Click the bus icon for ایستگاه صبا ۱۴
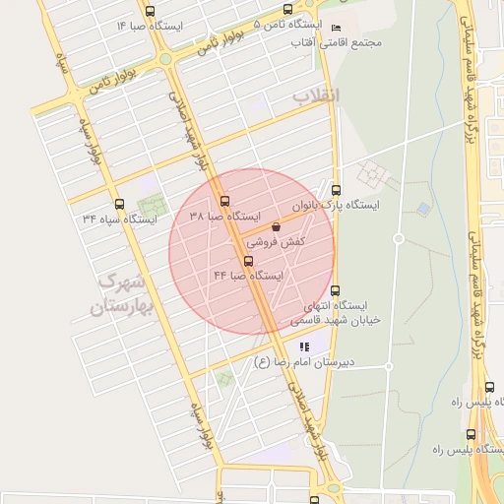[x=149, y=11]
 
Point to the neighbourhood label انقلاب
[x=315, y=95]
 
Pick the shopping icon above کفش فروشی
[x=275, y=227]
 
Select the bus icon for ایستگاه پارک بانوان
[x=337, y=191]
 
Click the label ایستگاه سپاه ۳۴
[x=119, y=218]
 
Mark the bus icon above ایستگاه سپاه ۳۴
[x=118, y=203]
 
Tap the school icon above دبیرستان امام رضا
[x=304, y=346]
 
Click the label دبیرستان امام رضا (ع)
[x=302, y=362]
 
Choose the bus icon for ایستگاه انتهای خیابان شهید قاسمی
[x=336, y=290]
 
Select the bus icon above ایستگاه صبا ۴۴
[x=247, y=261]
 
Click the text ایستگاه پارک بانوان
[x=336, y=206]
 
